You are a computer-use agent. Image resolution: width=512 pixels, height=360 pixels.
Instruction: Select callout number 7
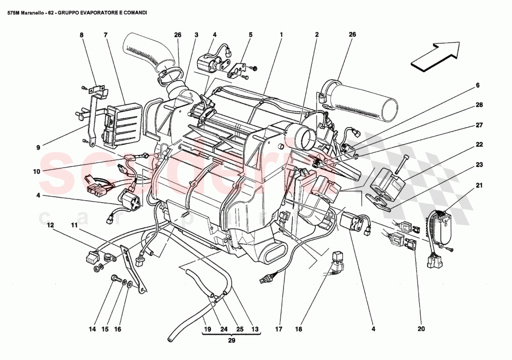click(x=106, y=35)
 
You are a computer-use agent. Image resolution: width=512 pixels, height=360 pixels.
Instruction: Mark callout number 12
click(x=51, y=225)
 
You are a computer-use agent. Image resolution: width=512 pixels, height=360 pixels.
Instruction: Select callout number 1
click(x=282, y=35)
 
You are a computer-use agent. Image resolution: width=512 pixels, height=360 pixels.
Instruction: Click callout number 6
click(x=477, y=86)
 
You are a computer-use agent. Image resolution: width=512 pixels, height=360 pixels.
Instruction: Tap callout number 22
click(x=479, y=145)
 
